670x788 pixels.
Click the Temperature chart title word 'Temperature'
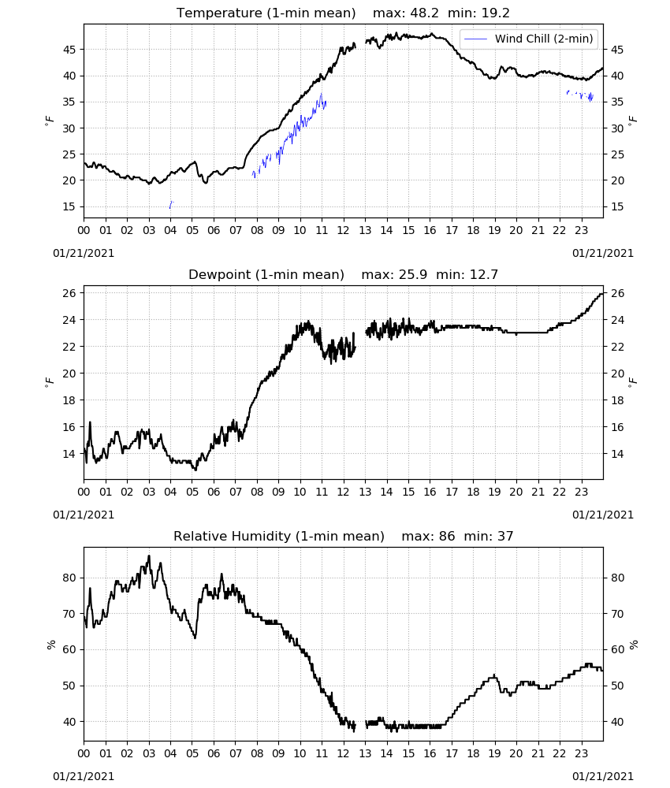tap(219, 13)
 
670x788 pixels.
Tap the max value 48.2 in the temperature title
tap(425, 13)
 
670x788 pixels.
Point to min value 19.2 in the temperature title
tap(496, 13)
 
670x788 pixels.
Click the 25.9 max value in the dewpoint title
tap(413, 275)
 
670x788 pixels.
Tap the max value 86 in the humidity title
tap(447, 536)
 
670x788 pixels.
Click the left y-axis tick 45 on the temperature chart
tap(69, 50)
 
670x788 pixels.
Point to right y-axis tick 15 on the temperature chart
tap(617, 206)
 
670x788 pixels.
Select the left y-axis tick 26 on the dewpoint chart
tap(69, 293)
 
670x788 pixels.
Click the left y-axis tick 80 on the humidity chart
tap(69, 578)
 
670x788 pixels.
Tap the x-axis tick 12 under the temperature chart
tap(344, 231)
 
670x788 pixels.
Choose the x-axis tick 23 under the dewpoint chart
tap(582, 492)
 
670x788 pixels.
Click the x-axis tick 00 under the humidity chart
tap(84, 754)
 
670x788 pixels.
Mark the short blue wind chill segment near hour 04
tap(171, 204)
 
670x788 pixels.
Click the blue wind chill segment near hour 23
tap(580, 95)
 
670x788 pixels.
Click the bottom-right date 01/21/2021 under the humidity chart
tap(603, 776)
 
